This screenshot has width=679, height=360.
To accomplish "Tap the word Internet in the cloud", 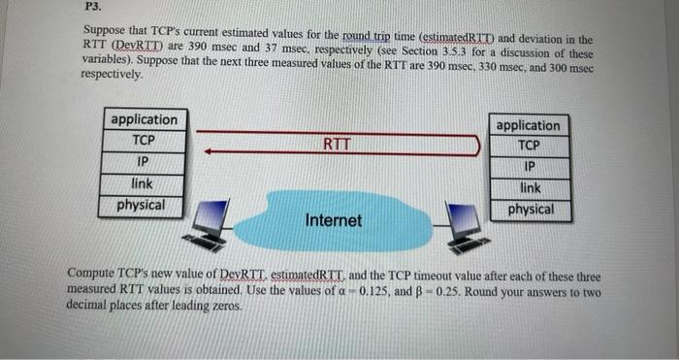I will (x=333, y=220).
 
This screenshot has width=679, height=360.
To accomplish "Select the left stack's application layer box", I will (x=144, y=119).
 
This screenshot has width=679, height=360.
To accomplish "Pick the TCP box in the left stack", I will (x=144, y=141).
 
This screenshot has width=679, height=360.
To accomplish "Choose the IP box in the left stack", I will (x=144, y=162).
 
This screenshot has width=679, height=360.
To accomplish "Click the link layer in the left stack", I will (x=144, y=183).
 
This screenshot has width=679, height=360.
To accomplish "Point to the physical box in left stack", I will (x=141, y=205).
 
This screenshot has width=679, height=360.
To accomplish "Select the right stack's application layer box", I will (x=528, y=125).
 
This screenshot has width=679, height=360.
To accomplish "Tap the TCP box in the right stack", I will (x=529, y=147).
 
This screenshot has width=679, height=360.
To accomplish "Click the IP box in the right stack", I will (x=529, y=167).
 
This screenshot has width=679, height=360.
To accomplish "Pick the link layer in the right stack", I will (x=530, y=188).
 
